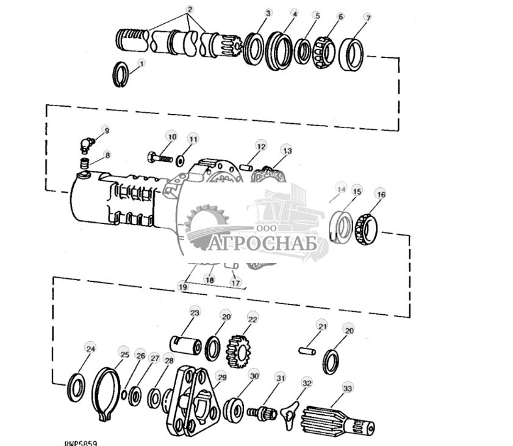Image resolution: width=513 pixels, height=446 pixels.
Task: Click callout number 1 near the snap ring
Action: click(142, 63)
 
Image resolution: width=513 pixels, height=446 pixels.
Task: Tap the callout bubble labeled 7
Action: click(367, 18)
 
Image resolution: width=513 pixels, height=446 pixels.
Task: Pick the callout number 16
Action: click(381, 195)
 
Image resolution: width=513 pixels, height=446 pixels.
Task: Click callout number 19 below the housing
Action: click(182, 285)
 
